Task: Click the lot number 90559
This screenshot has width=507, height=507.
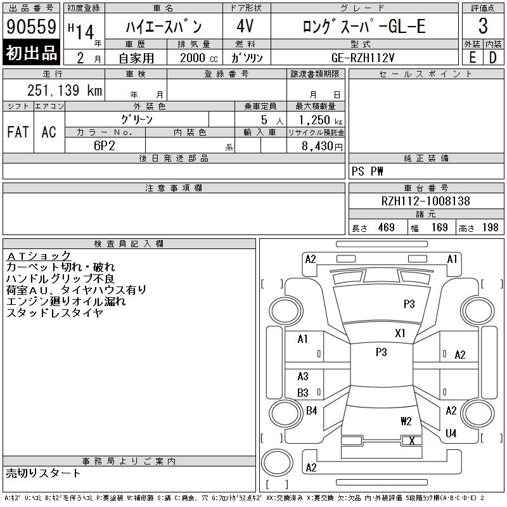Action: (31, 27)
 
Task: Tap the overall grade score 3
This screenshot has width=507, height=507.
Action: (483, 26)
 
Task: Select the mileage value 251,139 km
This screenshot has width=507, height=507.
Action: (65, 90)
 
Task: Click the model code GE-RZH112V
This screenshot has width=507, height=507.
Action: (363, 58)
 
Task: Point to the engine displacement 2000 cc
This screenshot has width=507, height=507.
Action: (198, 58)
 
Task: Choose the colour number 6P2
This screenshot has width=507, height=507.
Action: (105, 146)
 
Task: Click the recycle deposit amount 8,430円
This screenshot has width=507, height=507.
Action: (322, 146)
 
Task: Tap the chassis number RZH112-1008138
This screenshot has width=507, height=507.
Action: (425, 201)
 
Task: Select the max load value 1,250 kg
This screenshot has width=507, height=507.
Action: (321, 120)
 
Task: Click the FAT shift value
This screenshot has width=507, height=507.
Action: (18, 132)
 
